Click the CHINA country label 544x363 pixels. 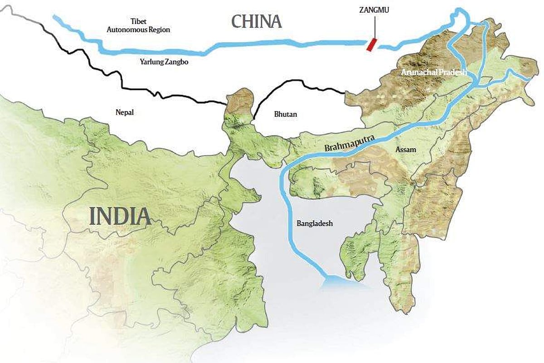(257, 21)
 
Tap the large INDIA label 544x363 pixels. (120, 216)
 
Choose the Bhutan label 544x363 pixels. (286, 114)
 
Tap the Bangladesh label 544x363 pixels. (315, 223)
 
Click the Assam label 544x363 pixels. (406, 149)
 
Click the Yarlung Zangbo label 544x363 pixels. (164, 63)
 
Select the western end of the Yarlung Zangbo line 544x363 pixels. (55, 18)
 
